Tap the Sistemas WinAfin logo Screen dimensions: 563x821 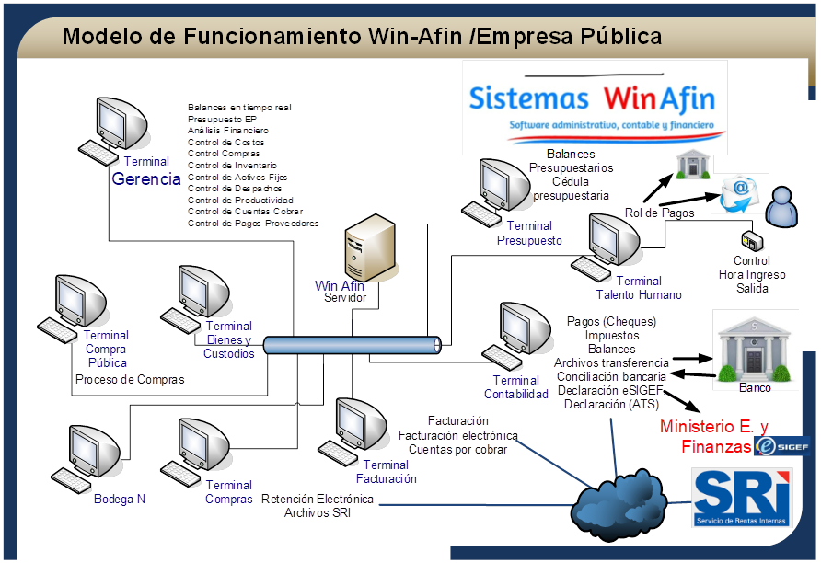(594, 107)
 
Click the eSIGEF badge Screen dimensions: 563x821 (781, 446)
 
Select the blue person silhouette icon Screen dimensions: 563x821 (782, 207)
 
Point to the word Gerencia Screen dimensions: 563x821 (146, 179)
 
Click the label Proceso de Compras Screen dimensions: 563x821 (130, 380)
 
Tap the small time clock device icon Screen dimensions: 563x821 (751, 242)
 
